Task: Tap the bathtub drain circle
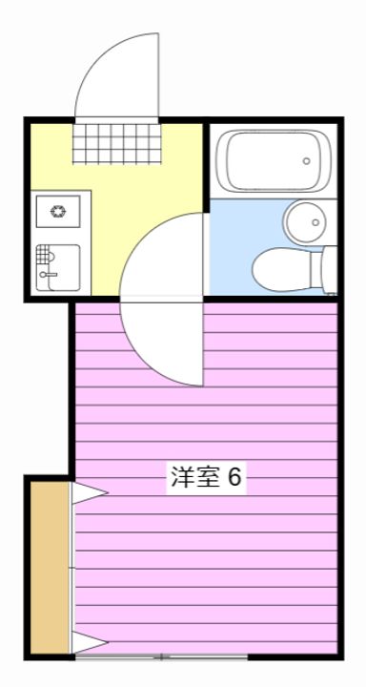coord(307,161)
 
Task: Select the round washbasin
coord(305,221)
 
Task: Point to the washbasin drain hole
coord(315,222)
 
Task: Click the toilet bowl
coord(281,269)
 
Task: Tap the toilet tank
coord(329,269)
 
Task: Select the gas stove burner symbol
coord(57,211)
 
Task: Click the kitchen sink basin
coord(58,267)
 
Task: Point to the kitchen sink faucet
coord(48,275)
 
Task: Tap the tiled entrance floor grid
coord(116,143)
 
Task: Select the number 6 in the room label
coord(234,478)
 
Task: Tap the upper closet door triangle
coord(90,493)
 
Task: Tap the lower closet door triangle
coord(90,643)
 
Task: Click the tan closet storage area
coord(50,568)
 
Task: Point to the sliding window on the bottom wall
coord(161,656)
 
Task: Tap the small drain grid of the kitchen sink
coord(42,254)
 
